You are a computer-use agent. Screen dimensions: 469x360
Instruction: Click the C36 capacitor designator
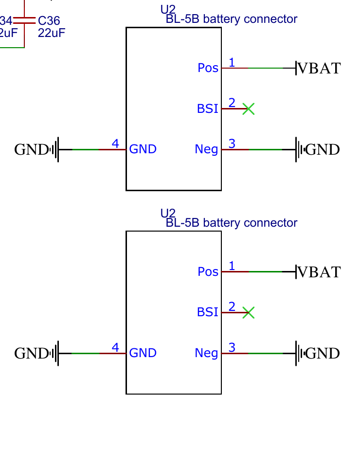click(49, 21)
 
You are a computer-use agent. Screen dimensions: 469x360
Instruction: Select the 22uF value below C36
click(51, 33)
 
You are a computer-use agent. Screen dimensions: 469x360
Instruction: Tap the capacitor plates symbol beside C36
click(24, 20)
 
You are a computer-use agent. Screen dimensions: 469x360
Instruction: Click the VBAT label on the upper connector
click(319, 68)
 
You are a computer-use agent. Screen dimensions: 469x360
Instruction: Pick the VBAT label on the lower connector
click(319, 272)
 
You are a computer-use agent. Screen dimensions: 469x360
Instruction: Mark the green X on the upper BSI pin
click(248, 109)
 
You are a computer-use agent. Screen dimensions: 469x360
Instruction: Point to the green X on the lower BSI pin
click(248, 313)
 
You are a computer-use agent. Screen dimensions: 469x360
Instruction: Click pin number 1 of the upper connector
click(232, 62)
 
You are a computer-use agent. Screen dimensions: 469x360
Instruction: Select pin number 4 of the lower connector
click(115, 347)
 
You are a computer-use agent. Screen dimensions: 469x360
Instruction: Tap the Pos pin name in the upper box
click(208, 68)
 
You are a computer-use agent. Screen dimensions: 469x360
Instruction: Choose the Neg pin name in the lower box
click(206, 353)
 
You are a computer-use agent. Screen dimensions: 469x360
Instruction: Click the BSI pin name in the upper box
click(207, 109)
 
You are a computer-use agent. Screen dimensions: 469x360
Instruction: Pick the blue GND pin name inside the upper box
click(143, 149)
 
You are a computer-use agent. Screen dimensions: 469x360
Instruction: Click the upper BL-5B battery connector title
click(231, 19)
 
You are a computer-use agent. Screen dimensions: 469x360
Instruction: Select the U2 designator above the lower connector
click(167, 213)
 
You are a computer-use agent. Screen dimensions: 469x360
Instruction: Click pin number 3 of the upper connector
click(232, 144)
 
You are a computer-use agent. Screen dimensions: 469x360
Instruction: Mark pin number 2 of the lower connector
click(232, 307)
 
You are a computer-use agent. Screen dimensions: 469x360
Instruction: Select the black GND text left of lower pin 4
click(31, 354)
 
